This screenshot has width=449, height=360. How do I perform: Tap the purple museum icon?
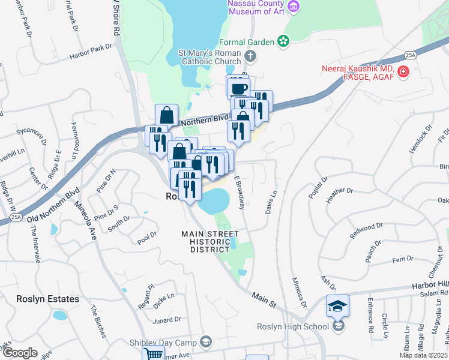[294, 7]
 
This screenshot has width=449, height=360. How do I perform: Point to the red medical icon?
[403, 73]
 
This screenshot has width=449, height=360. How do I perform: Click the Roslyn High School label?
[292, 326]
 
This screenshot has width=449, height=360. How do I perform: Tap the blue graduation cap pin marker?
[337, 306]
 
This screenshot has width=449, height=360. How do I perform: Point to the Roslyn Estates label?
[48, 299]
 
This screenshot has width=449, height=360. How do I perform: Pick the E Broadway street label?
[239, 192]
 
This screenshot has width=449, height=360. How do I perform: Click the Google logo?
[20, 353]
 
